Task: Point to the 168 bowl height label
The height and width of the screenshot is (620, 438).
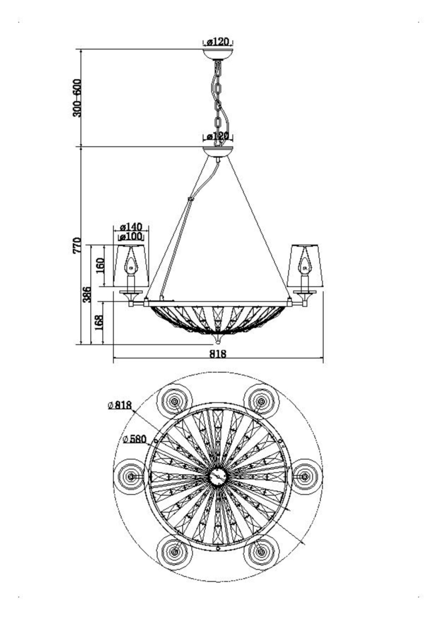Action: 99,323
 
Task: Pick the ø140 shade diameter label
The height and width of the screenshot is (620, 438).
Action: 131,226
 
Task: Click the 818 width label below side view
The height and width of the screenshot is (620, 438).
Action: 218,354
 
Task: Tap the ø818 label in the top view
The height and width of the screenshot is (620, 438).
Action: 120,405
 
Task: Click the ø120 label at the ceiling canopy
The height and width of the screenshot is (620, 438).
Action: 217,42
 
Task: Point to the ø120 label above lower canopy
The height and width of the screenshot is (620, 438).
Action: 217,136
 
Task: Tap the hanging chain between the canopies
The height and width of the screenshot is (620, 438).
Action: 219,99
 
